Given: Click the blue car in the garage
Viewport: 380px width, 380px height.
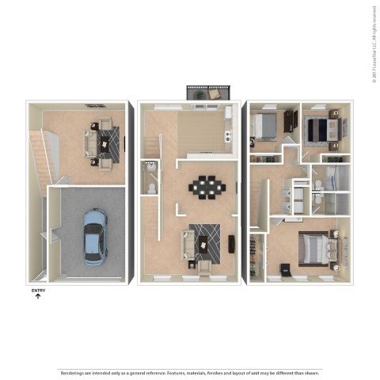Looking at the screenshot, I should [x=94, y=236].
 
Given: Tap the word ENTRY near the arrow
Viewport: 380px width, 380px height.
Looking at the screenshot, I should [x=38, y=291].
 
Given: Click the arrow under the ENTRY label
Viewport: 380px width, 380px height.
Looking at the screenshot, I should [x=38, y=297].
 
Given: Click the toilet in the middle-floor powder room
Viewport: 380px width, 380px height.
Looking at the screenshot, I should [x=150, y=188].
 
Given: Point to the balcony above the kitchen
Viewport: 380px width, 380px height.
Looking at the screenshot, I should [x=207, y=93].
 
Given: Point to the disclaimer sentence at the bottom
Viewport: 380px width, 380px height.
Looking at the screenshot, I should [x=190, y=372].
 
